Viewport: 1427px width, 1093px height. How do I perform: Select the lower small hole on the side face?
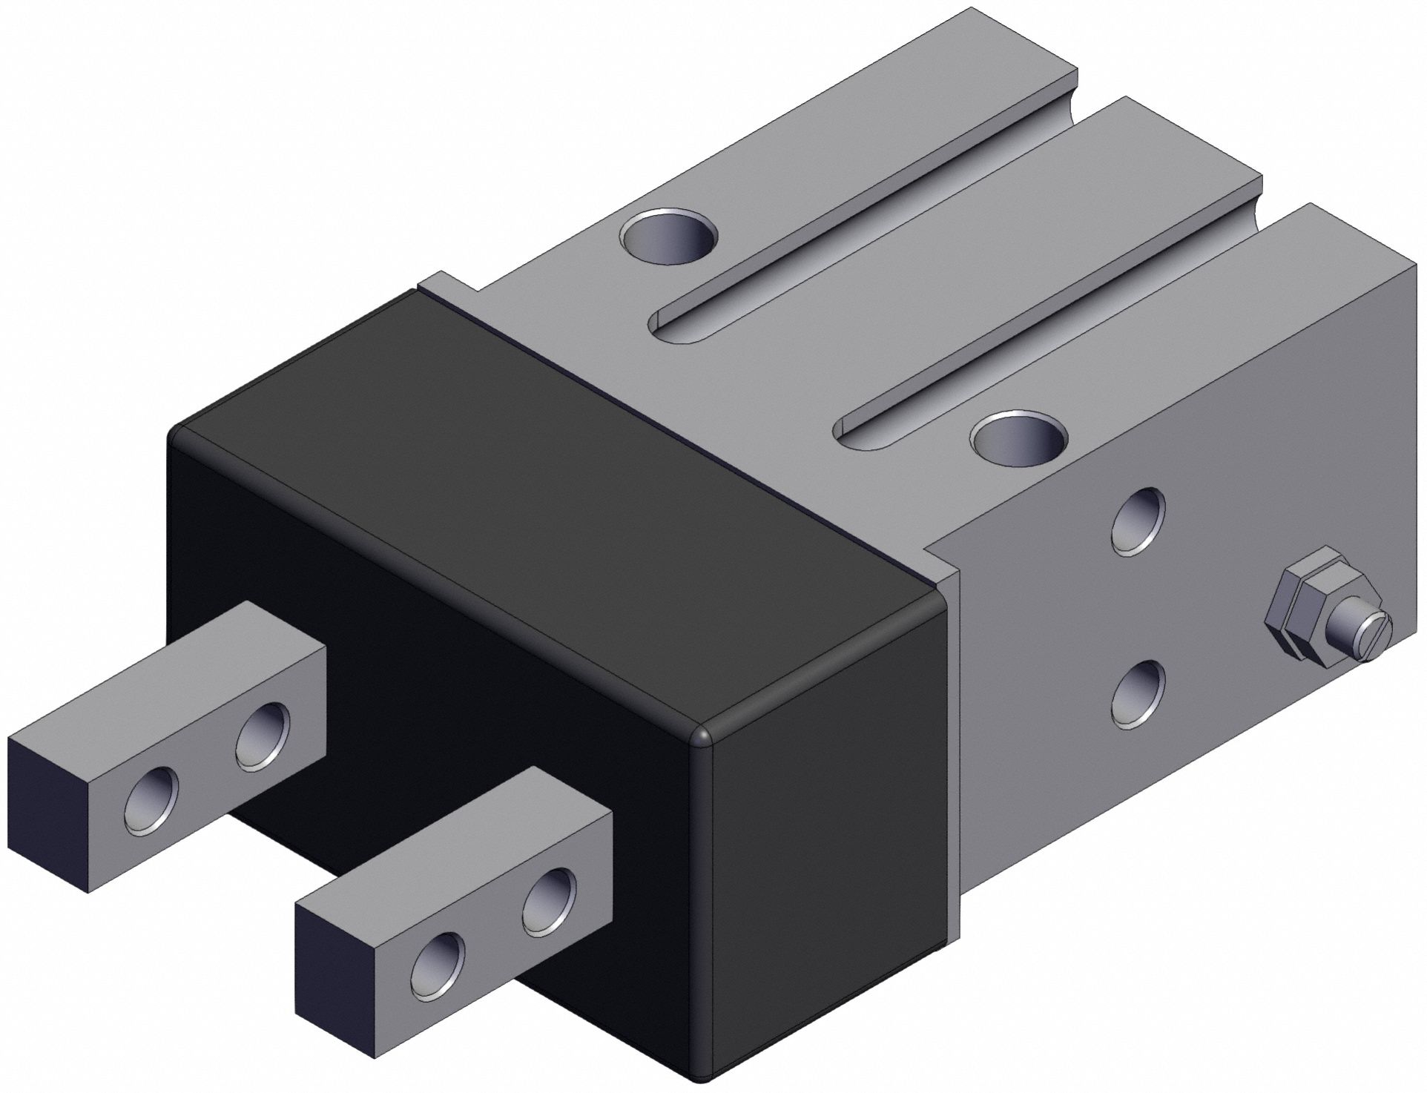pyautogui.click(x=1138, y=693)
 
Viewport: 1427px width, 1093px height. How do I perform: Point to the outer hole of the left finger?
pyautogui.click(x=152, y=801)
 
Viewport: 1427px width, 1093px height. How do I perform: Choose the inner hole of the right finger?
pyautogui.click(x=549, y=901)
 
